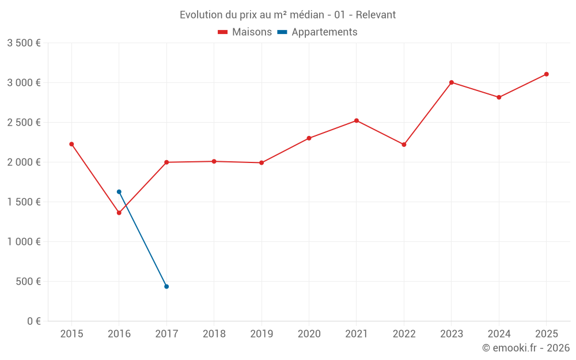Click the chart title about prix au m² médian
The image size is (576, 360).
pos(287,14)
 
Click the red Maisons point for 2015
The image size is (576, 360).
pos(71,144)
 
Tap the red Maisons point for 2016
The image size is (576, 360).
pos(119,213)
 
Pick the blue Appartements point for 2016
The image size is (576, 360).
pos(119,192)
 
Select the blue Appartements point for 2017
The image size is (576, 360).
pos(166,286)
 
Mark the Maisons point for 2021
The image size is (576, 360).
pos(357,120)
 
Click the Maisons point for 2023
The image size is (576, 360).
pos(452,82)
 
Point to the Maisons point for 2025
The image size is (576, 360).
pos(546,74)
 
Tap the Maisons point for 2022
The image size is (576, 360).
pos(404,145)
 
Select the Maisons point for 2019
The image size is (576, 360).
pos(262,162)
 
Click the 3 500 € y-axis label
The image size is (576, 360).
pos(24,43)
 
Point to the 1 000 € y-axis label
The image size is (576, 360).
pos(24,242)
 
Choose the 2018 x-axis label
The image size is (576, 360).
pos(214,334)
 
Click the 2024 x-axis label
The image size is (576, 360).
pos(499,334)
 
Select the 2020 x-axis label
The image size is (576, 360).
pos(309,334)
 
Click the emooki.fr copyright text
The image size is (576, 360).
pos(525,348)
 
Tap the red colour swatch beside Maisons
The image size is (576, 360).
pos(223,32)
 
